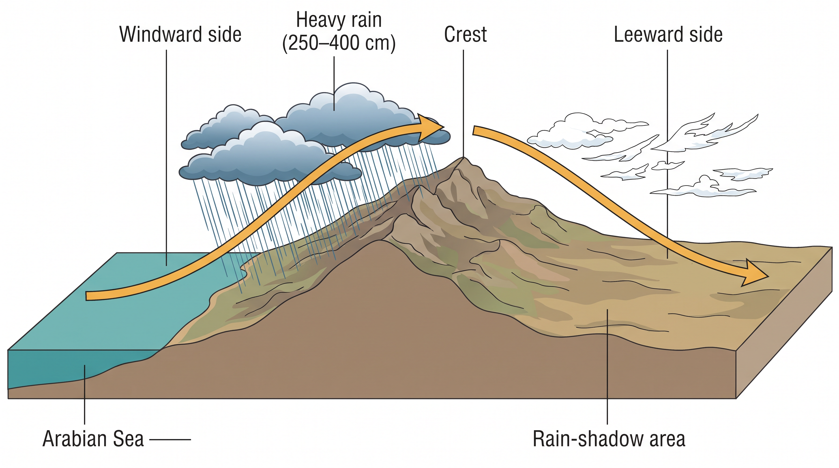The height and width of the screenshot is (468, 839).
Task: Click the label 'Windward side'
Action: pos(180,34)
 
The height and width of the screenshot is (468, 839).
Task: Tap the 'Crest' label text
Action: pos(465,34)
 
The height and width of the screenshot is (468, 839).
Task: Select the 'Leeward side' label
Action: pos(668,34)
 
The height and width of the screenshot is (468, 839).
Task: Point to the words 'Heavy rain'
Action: pos(339,20)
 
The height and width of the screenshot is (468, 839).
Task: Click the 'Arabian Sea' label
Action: pos(93,439)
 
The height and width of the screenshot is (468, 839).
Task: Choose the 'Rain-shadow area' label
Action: pos(609,439)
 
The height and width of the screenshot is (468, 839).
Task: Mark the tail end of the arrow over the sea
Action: pos(87,296)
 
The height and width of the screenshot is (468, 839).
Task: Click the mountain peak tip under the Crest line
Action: pos(463,158)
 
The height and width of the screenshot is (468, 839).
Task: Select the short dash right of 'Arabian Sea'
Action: pos(170,440)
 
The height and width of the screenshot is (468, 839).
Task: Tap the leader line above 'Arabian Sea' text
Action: pos(85,395)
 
